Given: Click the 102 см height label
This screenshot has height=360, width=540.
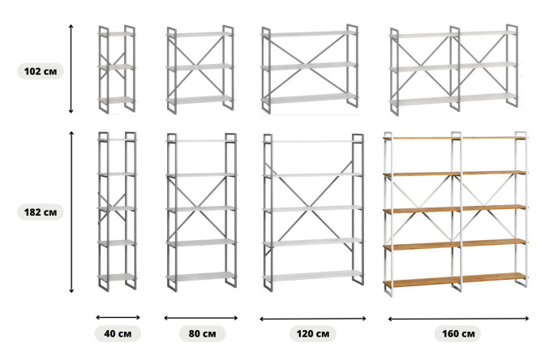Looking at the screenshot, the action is pyautogui.click(x=41, y=71).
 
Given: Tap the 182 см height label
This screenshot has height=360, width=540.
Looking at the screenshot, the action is pyautogui.click(x=41, y=212).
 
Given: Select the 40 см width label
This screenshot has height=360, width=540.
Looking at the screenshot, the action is pyautogui.click(x=118, y=333).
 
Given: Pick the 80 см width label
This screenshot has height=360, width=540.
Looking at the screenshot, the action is pyautogui.click(x=202, y=333).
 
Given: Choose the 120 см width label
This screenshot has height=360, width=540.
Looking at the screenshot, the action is pyautogui.click(x=313, y=333).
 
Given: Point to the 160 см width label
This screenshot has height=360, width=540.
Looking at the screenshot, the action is pyautogui.click(x=458, y=333).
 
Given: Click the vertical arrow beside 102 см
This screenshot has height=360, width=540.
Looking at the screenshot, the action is pyautogui.click(x=71, y=69).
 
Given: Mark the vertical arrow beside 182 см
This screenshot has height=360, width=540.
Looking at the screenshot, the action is pyautogui.click(x=71, y=212).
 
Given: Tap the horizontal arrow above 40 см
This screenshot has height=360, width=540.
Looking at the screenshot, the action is pyautogui.click(x=118, y=317).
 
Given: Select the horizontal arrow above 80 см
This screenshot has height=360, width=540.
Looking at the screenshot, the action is pyautogui.click(x=201, y=318).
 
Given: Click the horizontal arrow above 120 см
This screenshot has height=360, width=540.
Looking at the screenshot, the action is pyautogui.click(x=313, y=319).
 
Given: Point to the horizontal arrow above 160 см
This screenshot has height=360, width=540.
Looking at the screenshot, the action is pyautogui.click(x=458, y=319).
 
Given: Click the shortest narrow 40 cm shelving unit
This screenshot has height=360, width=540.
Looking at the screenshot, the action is pyautogui.click(x=117, y=69).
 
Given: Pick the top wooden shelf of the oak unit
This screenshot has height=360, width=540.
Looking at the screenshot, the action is pyautogui.click(x=455, y=138).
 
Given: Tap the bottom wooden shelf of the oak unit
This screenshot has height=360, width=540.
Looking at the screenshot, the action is pyautogui.click(x=455, y=280).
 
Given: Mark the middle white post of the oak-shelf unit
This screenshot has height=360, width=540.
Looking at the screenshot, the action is pyautogui.click(x=456, y=212).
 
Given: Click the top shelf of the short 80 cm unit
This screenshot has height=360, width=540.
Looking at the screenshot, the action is pyautogui.click(x=199, y=34).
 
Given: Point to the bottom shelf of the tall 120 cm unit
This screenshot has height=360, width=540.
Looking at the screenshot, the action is pyautogui.click(x=313, y=275).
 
